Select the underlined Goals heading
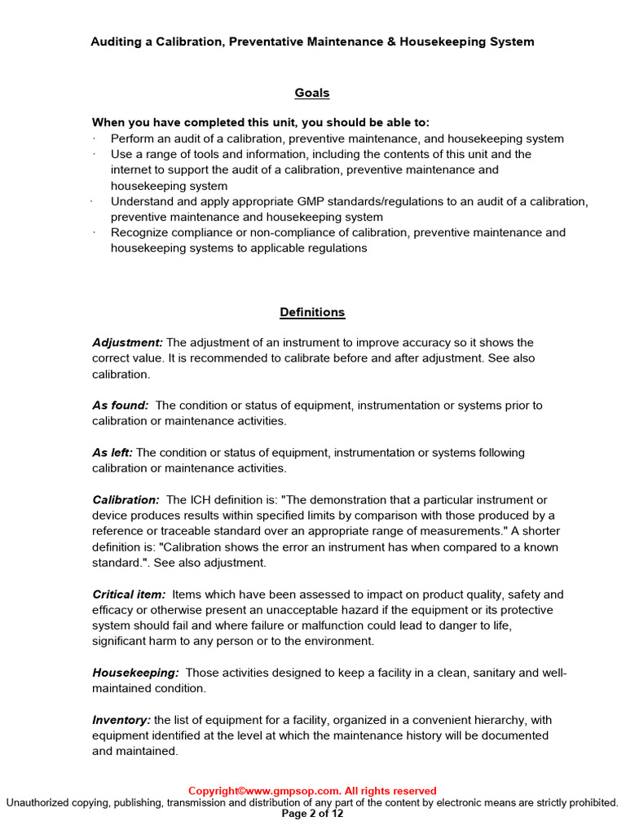click(x=312, y=93)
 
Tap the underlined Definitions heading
click(x=312, y=312)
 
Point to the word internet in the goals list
click(x=133, y=169)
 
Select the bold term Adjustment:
click(x=127, y=342)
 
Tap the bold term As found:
click(x=120, y=405)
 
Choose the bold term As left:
click(x=112, y=452)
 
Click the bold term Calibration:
click(x=126, y=499)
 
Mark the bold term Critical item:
click(x=129, y=595)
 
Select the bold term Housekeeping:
click(x=135, y=673)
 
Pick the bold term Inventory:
click(x=121, y=720)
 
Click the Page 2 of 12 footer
click(x=312, y=814)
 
